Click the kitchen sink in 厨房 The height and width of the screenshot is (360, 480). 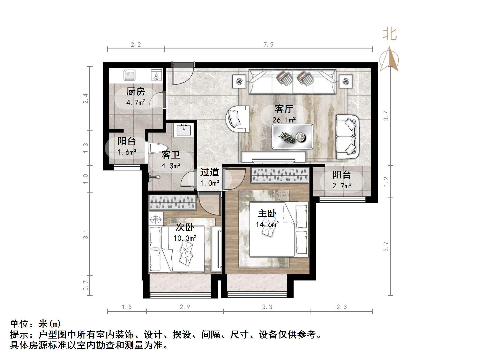(129, 75)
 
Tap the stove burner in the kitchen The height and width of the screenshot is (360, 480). (156, 75)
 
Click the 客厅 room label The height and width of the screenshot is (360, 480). (284, 109)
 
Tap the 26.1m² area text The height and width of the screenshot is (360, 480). (284, 120)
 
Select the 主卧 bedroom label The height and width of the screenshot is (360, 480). (267, 213)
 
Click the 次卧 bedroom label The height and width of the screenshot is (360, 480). (185, 227)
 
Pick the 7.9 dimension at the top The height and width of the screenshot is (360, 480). (268, 45)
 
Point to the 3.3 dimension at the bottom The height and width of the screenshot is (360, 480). (267, 307)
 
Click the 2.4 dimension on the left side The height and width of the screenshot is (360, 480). (85, 98)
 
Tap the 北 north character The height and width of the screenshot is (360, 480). (389, 34)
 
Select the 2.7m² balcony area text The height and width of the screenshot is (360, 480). (342, 186)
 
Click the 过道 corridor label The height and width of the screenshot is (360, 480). (210, 172)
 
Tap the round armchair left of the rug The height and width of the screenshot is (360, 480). (237, 119)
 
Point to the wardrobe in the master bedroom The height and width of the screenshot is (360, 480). (280, 175)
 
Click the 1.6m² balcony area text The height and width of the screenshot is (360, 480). (127, 152)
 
